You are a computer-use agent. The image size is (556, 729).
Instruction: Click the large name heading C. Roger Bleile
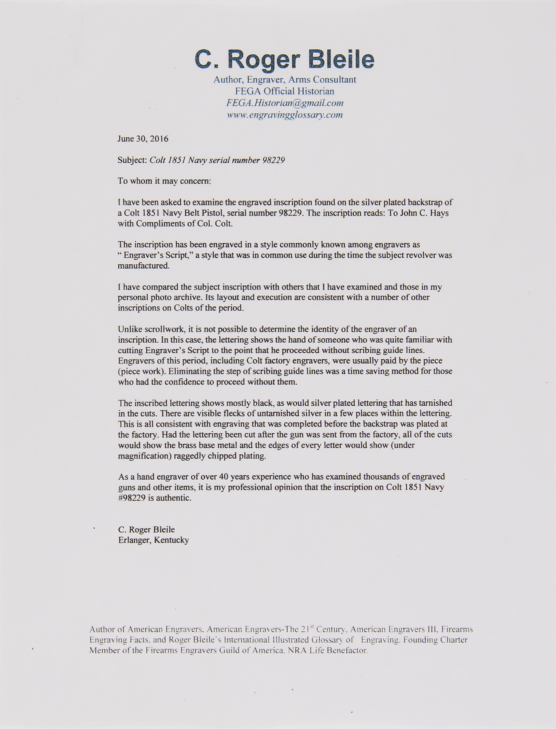[284, 59]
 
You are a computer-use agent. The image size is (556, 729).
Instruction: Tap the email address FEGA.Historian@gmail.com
[284, 103]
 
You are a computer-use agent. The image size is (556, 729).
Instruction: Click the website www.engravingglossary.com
[284, 115]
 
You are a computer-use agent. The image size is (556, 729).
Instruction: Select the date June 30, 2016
[143, 139]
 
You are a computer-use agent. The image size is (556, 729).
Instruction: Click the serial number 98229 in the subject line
[273, 160]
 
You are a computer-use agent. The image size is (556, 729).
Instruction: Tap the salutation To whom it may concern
[164, 181]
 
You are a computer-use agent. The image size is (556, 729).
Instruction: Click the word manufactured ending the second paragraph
[143, 266]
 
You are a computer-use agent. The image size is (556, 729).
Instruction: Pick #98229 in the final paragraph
[132, 498]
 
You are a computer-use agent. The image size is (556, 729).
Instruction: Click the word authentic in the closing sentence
[174, 498]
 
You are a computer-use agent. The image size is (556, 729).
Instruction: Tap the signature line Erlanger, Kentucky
[153, 540]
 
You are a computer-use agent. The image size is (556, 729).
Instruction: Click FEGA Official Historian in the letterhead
[284, 91]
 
